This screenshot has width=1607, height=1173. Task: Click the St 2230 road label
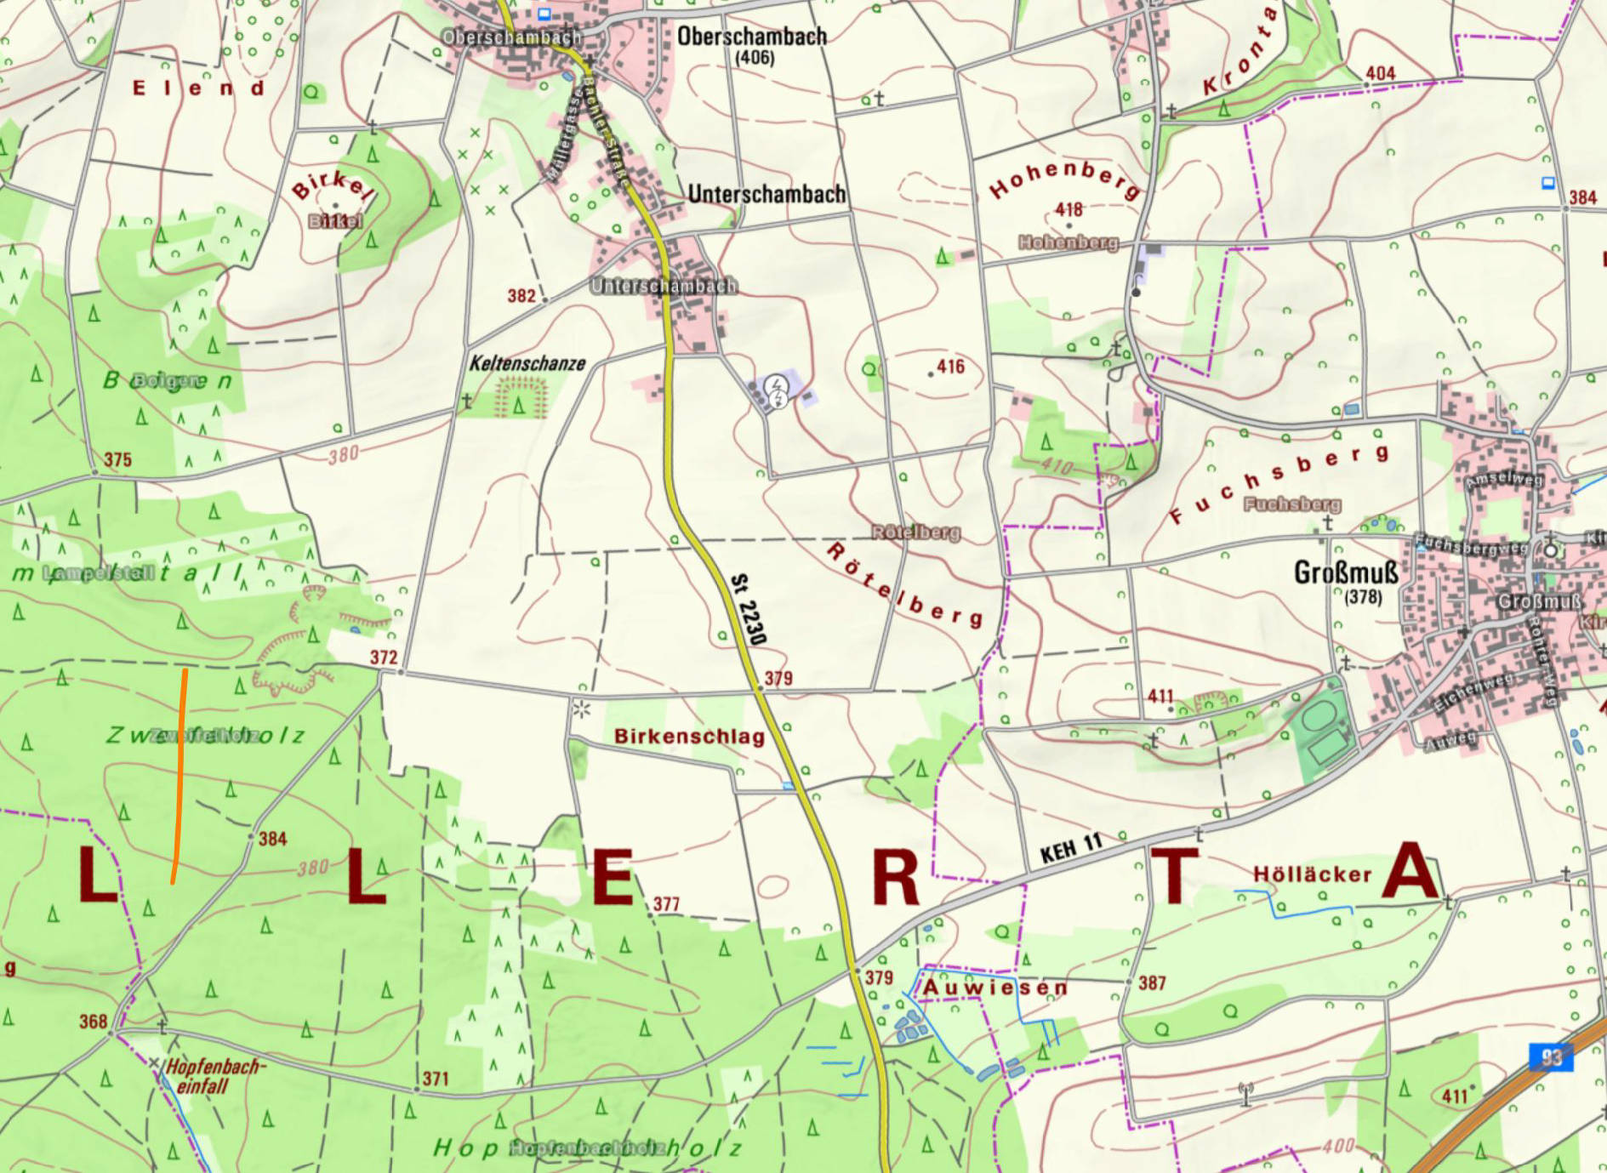(x=749, y=610)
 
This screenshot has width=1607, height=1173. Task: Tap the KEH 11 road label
(x=1070, y=848)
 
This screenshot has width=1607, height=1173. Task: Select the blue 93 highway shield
(x=1551, y=1057)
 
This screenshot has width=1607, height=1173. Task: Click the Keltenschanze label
(x=527, y=364)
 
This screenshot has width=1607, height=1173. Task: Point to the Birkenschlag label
(x=689, y=737)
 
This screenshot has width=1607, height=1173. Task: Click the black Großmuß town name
(x=1345, y=572)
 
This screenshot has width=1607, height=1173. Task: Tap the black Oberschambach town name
(x=751, y=37)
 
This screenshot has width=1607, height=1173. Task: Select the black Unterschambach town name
(x=766, y=194)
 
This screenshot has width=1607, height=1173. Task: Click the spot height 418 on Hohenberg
(x=1068, y=209)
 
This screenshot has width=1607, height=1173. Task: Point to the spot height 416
(x=950, y=367)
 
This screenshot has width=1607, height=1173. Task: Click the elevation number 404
(x=1380, y=74)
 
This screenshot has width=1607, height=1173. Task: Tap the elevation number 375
(x=117, y=460)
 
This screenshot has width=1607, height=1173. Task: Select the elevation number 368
(x=93, y=1022)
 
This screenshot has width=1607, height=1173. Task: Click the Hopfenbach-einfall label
(x=213, y=1076)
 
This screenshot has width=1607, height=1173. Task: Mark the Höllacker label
(x=1312, y=874)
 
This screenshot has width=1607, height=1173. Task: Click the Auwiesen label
(x=994, y=988)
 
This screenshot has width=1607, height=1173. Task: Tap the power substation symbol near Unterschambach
(x=776, y=390)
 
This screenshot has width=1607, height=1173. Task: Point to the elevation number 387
(x=1152, y=983)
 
